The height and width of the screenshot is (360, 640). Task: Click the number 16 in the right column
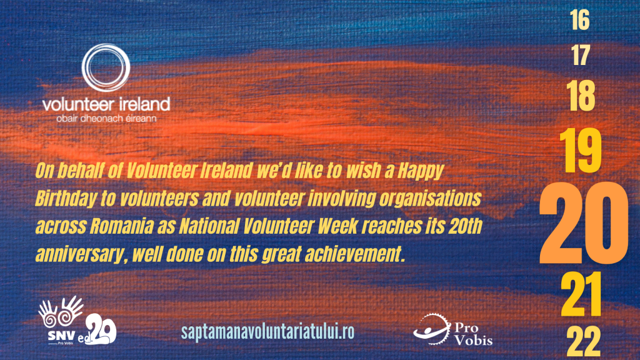point(580,20)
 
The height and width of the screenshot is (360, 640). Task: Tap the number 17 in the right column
point(581,56)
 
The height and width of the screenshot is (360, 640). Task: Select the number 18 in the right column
point(581,96)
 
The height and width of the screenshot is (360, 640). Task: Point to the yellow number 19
point(581,150)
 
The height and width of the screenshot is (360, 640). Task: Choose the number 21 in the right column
point(581,294)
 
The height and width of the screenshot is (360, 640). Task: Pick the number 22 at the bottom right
point(584,342)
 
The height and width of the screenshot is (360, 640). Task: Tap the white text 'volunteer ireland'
point(106,104)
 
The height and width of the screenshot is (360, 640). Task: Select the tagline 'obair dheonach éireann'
point(106,119)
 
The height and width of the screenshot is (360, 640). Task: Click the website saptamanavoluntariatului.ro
point(267,331)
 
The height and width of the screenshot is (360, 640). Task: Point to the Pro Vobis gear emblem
point(432,329)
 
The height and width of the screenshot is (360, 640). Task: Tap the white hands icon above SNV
point(61,312)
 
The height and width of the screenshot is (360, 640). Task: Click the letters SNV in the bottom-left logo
point(62,336)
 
